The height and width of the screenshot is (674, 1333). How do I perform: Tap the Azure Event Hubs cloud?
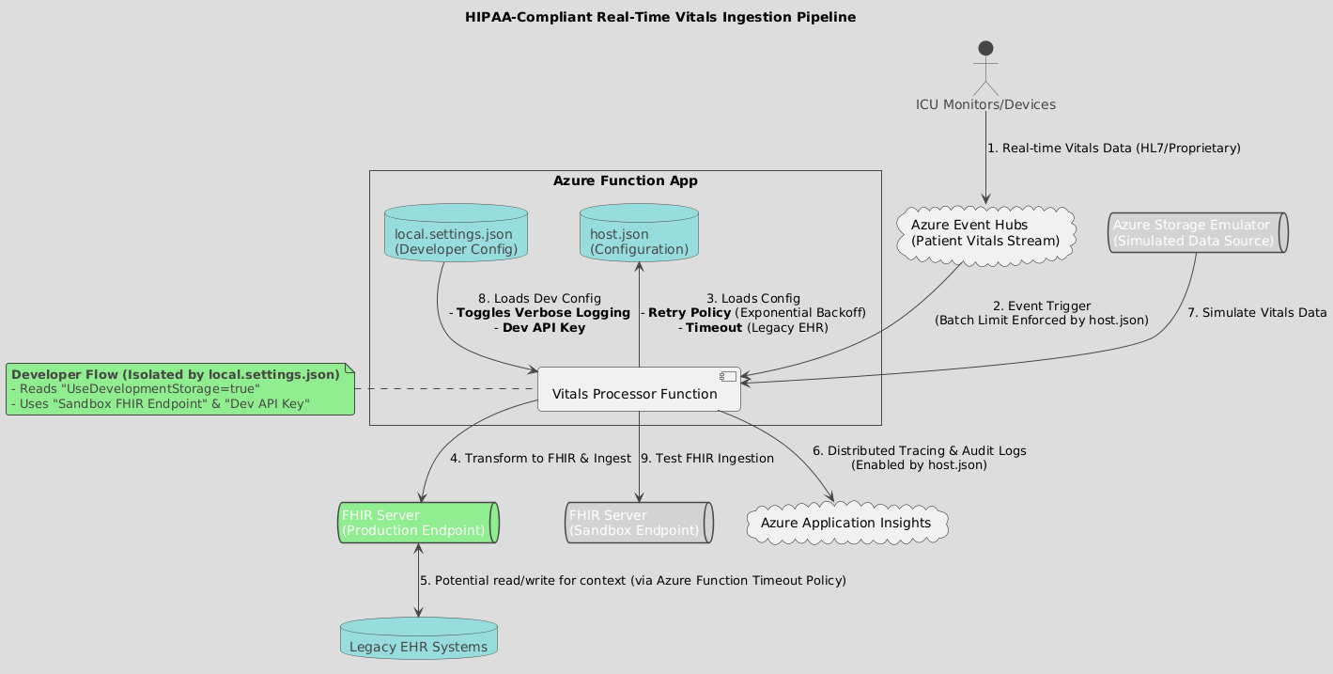[x=984, y=233]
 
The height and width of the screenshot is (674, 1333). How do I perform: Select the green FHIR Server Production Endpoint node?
[x=418, y=523]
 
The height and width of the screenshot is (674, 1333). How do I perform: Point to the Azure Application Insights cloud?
[x=845, y=523]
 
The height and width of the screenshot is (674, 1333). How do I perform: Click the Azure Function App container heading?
[x=625, y=180]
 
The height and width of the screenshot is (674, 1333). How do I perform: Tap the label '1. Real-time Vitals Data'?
[x=1114, y=149]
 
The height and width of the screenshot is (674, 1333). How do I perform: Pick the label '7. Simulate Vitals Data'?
[x=1256, y=312]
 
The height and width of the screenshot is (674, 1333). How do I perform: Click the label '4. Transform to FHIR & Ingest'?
[x=540, y=459]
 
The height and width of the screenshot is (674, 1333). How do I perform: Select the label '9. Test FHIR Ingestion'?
[x=707, y=459]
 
